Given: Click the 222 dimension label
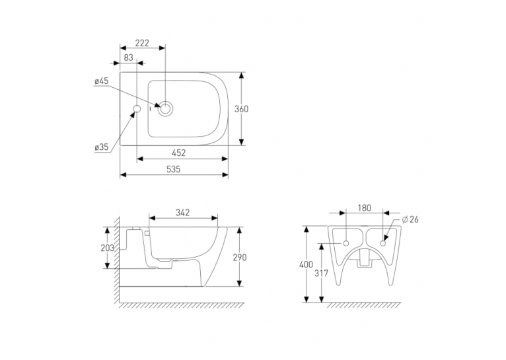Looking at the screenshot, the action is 142,43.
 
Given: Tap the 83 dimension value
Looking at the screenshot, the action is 128,57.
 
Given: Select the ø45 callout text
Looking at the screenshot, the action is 102,81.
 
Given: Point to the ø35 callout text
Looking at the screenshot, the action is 102,147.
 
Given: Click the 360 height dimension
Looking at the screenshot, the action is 241,109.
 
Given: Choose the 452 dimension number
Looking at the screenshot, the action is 178,153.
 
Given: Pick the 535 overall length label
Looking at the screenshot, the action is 173,169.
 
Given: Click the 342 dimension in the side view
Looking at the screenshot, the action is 183,213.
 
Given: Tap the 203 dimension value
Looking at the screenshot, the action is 108,248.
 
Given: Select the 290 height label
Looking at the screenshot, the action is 239,257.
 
